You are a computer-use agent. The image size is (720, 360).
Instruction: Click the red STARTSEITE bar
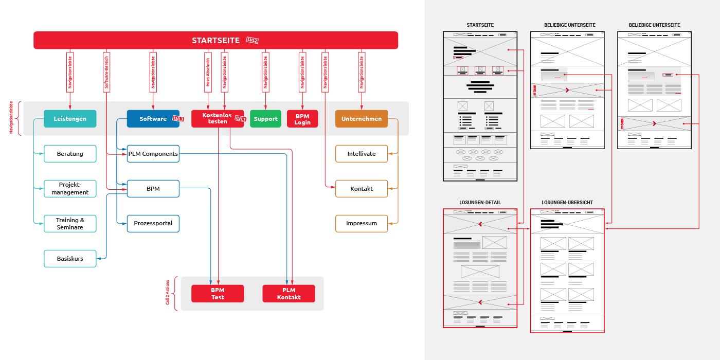[x=215, y=40]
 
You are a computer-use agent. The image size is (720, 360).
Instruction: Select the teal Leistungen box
[x=70, y=119]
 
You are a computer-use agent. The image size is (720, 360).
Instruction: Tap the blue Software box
[x=153, y=119]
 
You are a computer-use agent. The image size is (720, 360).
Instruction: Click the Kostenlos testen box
[x=218, y=119]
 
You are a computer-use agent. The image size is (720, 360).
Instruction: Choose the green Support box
[x=265, y=119]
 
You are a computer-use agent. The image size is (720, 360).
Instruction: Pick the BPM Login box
[x=302, y=119]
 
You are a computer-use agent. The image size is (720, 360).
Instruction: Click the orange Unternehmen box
[x=362, y=119]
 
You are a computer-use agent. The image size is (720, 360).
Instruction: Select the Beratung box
[x=70, y=154]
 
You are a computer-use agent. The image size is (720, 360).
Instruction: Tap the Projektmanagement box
[x=70, y=189]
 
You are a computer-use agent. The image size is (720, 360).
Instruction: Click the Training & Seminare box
[x=70, y=224]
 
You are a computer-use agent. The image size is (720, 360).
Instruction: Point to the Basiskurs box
[x=70, y=259]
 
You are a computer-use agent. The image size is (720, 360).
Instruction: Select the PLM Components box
[x=153, y=154]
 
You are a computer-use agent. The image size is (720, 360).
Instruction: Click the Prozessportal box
[x=153, y=224]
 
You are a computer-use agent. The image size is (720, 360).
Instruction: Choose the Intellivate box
[x=362, y=154]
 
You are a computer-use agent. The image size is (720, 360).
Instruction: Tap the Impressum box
[x=362, y=224]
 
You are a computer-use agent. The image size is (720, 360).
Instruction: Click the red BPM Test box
[x=218, y=294]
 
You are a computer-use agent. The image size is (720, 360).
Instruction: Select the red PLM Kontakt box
[x=289, y=294]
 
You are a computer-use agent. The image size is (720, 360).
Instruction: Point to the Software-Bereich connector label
[x=106, y=72]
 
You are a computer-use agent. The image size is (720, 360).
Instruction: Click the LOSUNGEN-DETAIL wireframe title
[x=480, y=203]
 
